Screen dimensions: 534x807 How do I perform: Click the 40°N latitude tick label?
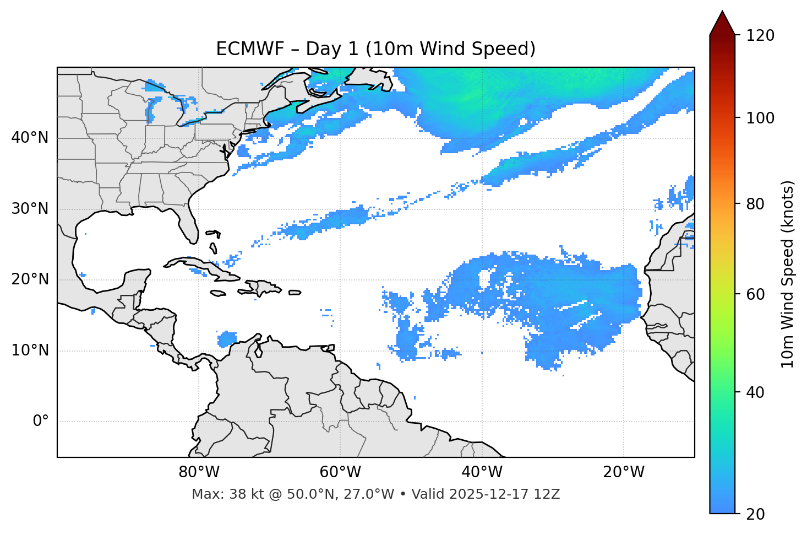(x=30, y=138)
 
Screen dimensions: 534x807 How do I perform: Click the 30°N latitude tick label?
(x=30, y=209)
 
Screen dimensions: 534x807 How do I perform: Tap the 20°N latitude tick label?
(x=30, y=279)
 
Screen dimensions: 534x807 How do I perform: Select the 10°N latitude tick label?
(x=30, y=350)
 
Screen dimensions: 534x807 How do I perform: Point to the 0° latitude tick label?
(x=41, y=422)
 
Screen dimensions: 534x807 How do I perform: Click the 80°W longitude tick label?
(x=199, y=472)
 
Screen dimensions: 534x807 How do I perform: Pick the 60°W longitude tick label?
(x=340, y=472)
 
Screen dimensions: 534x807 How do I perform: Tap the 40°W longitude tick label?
(x=482, y=472)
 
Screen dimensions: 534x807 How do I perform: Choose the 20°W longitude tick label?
(x=624, y=472)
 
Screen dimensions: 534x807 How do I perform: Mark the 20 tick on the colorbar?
(x=755, y=514)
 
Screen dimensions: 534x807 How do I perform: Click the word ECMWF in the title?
(x=242, y=49)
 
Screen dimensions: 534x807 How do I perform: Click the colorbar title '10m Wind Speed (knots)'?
(x=788, y=274)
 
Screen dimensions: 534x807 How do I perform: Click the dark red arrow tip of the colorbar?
(x=722, y=22)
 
